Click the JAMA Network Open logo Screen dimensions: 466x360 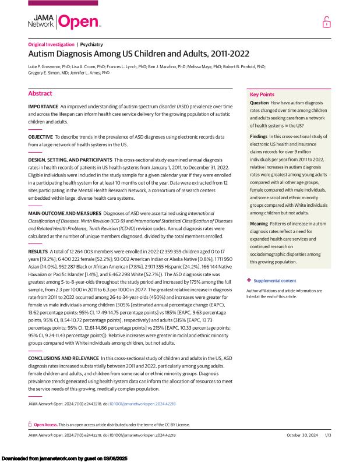coord(64,22)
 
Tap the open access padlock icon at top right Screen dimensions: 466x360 coord(326,22)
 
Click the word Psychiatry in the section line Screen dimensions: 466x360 coord(92,44)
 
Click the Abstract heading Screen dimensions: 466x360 coord(40,93)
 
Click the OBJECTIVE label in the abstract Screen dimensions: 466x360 coord(40,136)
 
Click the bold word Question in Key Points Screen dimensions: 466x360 coord(260,103)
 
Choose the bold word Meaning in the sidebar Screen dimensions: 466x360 coord(259,224)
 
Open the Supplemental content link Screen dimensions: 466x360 coord(275,281)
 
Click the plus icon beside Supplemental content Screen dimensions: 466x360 coord(249,281)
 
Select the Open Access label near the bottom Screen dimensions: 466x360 coord(46,425)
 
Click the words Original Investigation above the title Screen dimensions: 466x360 coord(51,44)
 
